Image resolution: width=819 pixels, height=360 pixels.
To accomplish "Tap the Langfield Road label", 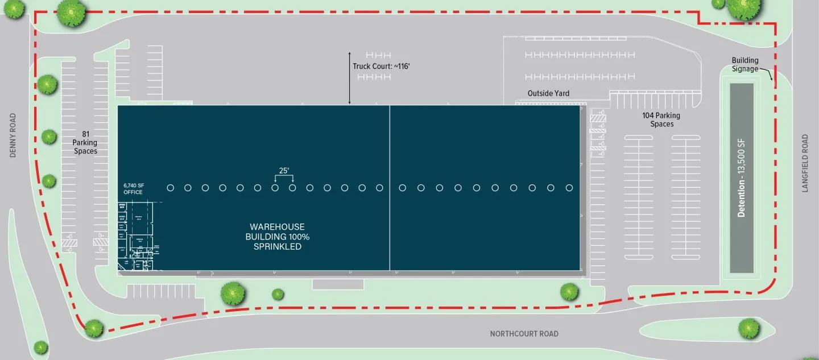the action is tap(805, 163).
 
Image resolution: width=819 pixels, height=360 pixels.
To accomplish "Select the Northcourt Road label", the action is tap(524, 334).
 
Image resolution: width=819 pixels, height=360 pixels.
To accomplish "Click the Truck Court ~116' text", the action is tap(381, 66).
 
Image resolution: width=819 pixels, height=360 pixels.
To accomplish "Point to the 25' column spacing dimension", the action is tap(283, 170).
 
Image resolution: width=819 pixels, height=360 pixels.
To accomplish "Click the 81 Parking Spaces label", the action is tap(85, 143).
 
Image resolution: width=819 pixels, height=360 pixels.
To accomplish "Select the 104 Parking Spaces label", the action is tap(661, 119).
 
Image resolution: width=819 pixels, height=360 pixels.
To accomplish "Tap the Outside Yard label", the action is tap(548, 93).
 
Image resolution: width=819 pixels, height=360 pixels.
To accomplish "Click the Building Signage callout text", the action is tap(745, 65).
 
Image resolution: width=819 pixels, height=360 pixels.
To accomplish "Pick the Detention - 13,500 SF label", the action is tap(741, 180).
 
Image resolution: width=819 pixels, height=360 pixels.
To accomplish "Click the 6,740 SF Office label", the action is tap(133, 189).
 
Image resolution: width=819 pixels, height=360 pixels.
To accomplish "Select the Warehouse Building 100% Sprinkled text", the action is tap(278, 237).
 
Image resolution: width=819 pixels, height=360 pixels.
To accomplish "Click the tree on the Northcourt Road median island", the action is tap(749, 328).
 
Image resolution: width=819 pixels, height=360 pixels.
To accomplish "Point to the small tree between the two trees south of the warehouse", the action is tap(278, 294).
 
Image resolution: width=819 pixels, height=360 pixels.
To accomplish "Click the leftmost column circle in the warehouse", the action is tap(170, 188).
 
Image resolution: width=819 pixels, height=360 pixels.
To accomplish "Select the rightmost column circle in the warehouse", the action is tap(569, 188).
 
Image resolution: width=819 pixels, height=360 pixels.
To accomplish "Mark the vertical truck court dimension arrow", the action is tap(350, 78).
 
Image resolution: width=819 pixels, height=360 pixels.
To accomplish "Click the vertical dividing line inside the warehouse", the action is tap(390, 188).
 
